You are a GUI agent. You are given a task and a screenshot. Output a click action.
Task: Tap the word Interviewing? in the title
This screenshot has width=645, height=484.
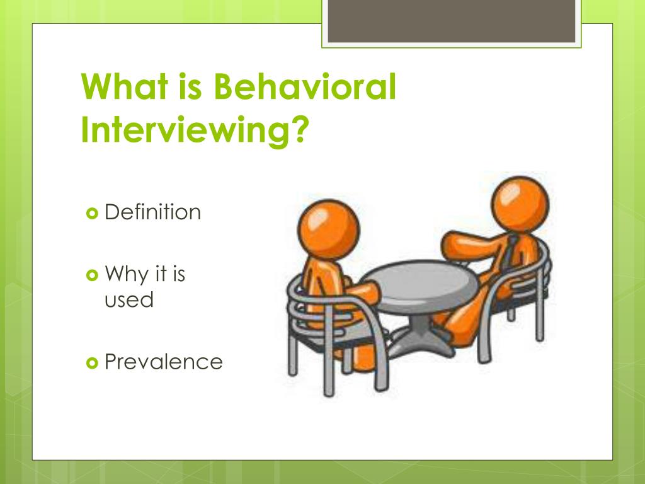tap(195, 130)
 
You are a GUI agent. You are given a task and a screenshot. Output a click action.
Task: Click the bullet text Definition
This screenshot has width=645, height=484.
tap(152, 212)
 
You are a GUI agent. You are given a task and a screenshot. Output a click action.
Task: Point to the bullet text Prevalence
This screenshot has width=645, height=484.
tap(163, 362)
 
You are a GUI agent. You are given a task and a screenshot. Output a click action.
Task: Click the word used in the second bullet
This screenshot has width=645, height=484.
tap(128, 299)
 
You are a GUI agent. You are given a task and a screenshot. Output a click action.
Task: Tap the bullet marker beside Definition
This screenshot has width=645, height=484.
tap(91, 213)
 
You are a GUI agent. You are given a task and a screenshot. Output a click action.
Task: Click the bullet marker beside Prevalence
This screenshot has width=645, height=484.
tap(91, 362)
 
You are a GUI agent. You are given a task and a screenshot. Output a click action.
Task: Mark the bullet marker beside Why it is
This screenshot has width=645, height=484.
tap(91, 275)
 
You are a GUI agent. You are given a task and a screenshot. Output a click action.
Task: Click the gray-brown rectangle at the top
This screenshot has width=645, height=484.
tap(452, 21)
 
